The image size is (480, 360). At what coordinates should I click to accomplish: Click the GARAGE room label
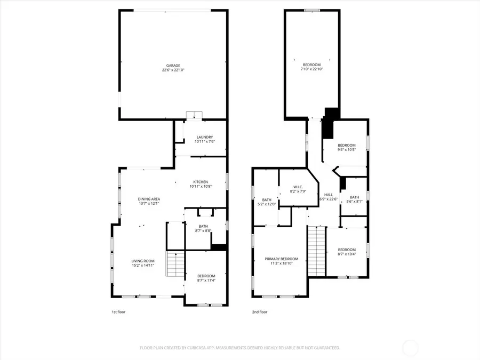[x=172, y=66]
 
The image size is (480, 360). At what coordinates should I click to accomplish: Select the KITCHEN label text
[x=201, y=182]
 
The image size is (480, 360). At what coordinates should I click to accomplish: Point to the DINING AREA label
[x=149, y=199]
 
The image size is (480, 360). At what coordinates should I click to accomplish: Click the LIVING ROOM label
[x=143, y=261]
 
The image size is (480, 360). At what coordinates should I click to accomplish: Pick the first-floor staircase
[x=175, y=264]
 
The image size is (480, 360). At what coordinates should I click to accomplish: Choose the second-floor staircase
[x=316, y=251]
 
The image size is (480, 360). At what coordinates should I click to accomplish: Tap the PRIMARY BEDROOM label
[x=282, y=259]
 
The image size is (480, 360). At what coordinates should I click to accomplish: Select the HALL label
[x=329, y=195]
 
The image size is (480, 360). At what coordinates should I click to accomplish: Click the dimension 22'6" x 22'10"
[x=173, y=70]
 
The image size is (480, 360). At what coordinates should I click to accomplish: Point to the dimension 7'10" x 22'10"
[x=312, y=69]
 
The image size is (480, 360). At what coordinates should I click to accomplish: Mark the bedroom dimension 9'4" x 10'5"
[x=346, y=149]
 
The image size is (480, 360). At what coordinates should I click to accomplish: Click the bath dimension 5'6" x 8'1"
[x=355, y=202]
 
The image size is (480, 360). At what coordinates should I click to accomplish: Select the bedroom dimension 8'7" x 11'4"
[x=206, y=280]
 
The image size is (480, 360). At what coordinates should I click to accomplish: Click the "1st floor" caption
[x=118, y=312]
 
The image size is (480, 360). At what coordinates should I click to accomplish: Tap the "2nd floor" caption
[x=260, y=312]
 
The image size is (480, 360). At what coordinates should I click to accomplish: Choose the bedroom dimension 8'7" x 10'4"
[x=347, y=254]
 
